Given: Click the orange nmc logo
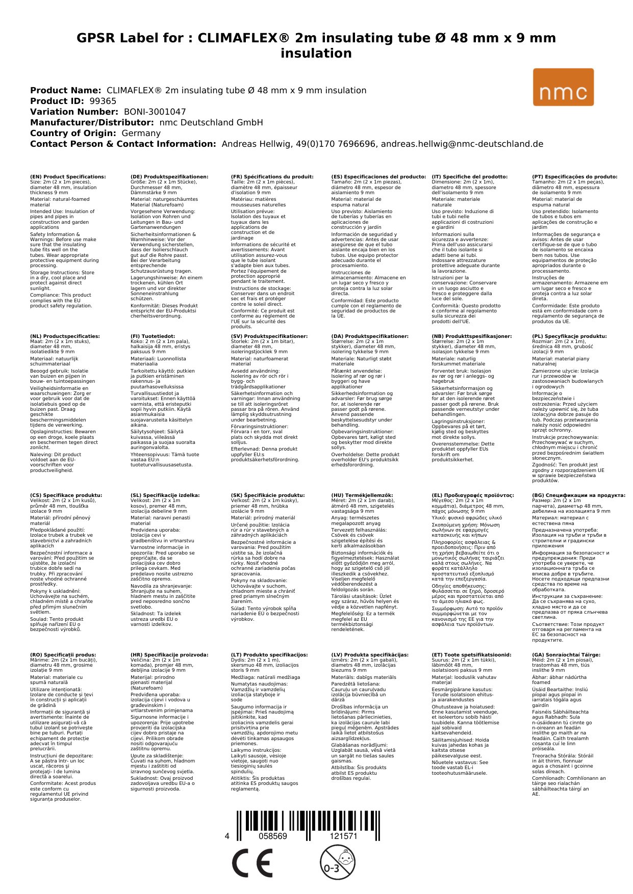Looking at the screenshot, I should click(563, 87).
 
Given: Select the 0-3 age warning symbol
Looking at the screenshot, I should click(337, 862).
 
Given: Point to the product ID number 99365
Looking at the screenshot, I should click(103, 101).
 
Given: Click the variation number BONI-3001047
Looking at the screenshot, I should click(155, 112).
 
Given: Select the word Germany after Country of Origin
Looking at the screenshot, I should click(141, 133).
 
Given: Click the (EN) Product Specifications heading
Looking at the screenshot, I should click(68, 177).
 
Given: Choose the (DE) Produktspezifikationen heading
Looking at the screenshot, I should click(169, 177).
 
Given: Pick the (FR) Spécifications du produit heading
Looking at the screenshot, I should click(272, 177).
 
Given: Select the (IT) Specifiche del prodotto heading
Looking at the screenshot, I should click(469, 177).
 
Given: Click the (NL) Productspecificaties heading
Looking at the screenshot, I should click(65, 336).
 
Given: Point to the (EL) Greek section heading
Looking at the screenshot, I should click(472, 495).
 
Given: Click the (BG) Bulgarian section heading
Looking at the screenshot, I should click(578, 495).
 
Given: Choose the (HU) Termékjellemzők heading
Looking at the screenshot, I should click(362, 495).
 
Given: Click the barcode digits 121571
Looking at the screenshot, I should click(343, 836).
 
